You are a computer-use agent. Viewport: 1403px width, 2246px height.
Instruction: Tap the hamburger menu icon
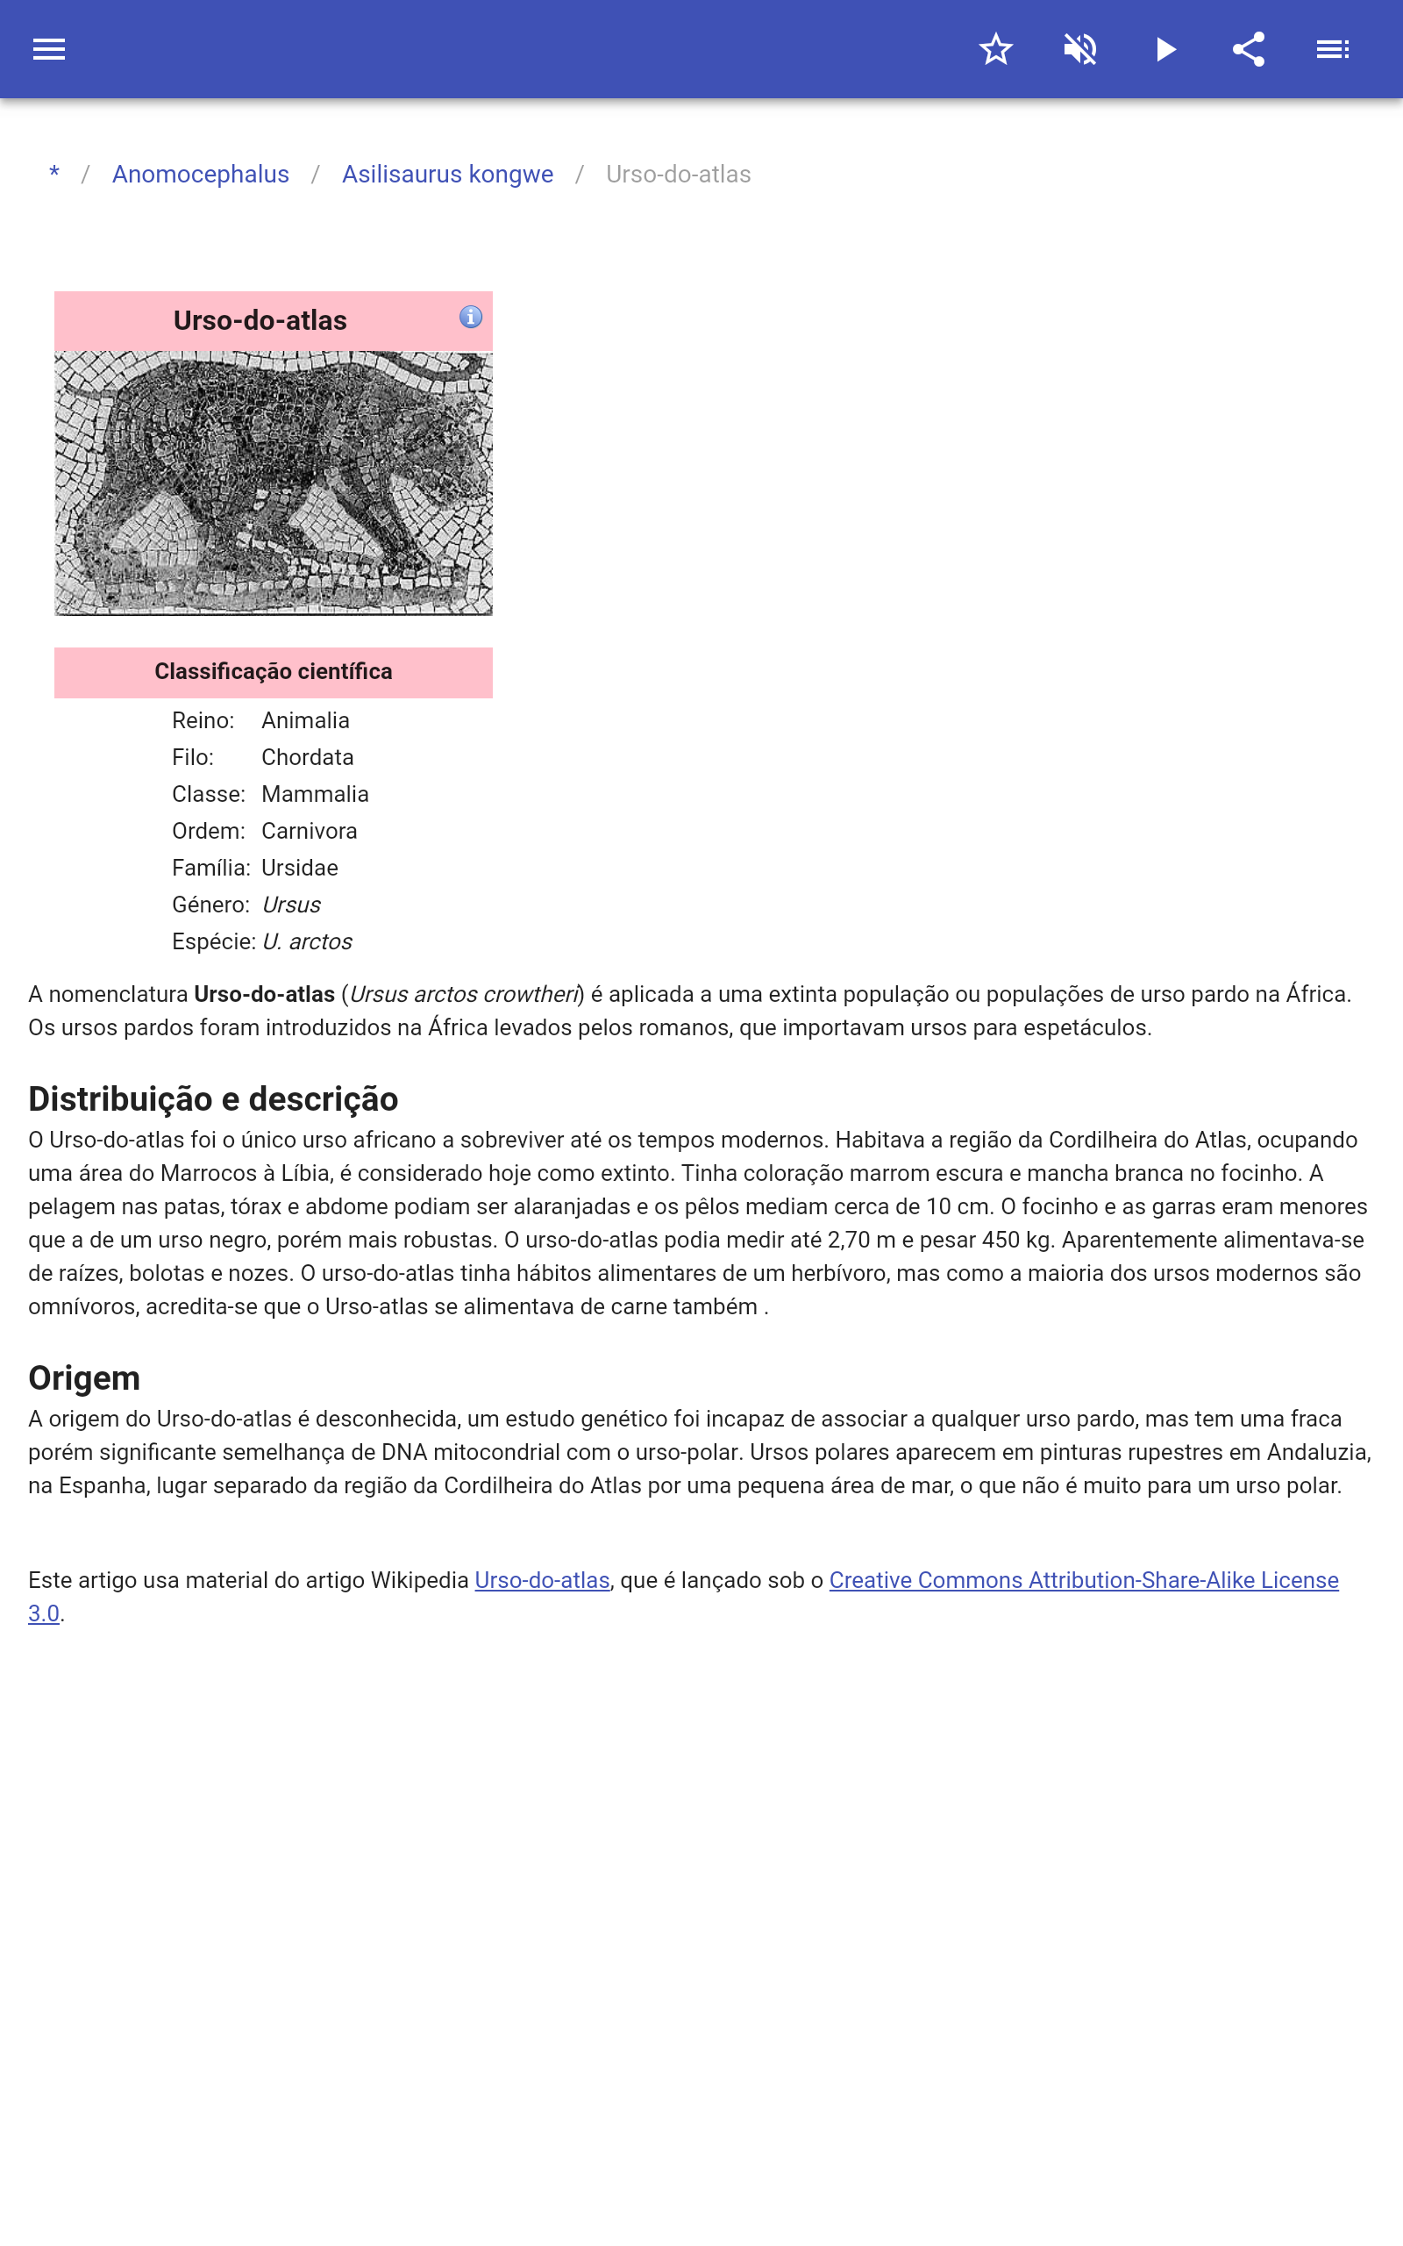[x=49, y=49]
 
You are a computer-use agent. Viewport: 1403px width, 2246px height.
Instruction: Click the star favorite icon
[x=995, y=49]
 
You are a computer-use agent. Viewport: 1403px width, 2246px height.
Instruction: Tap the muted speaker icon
[x=1080, y=49]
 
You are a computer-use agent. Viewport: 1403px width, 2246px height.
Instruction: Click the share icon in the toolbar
[x=1249, y=49]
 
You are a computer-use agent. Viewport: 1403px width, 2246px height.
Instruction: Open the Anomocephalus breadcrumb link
[x=201, y=175]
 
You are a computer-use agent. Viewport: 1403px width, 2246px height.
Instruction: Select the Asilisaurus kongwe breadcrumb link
[x=447, y=175]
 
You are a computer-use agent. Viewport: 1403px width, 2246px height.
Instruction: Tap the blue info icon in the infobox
[x=471, y=318]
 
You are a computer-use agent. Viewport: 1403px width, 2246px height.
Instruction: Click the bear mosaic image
[x=273, y=483]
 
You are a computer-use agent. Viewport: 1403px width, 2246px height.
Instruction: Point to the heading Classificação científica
[x=273, y=671]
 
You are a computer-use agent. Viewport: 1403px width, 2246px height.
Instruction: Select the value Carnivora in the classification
[x=309, y=831]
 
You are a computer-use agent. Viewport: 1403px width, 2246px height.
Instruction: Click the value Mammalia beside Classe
[x=315, y=793]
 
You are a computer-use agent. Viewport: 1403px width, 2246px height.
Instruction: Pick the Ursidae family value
[x=300, y=868]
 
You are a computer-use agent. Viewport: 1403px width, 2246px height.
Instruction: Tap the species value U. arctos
[x=307, y=941]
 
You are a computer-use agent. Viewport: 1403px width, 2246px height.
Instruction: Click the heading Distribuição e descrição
[x=212, y=1098]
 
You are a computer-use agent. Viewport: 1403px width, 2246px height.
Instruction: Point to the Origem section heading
[x=84, y=1378]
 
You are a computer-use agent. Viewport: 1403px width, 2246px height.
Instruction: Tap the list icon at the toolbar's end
[x=1333, y=49]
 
